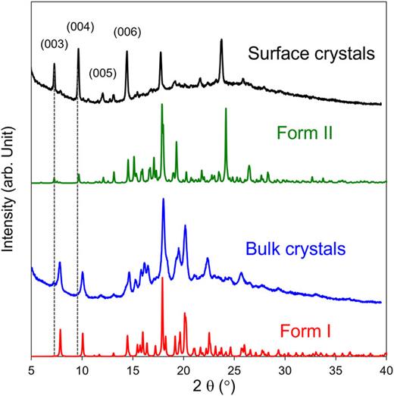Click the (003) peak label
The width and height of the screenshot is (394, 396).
pos(52,45)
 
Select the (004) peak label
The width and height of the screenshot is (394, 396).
pos(80,27)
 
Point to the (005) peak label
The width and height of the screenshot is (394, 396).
pos(102,74)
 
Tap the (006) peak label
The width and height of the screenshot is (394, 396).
pos(126,31)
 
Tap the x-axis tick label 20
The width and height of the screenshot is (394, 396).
pos(183,369)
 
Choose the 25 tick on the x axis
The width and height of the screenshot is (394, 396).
pos(233,369)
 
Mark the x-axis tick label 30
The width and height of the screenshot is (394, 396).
pos(284,369)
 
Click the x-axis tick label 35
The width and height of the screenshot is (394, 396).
pos(335,369)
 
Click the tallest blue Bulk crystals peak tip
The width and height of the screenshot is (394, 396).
pos(163,200)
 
